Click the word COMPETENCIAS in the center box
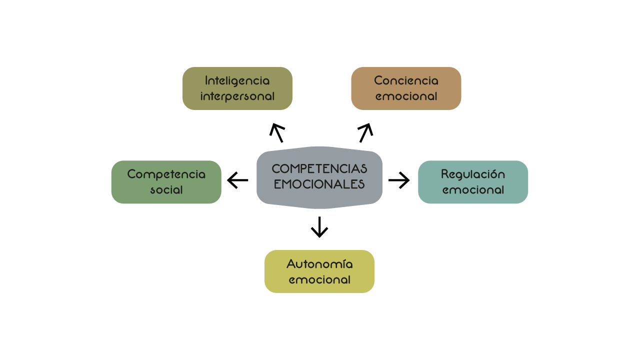click(319, 168)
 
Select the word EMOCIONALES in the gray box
click(319, 184)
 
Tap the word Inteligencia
click(237, 80)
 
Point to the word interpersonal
click(237, 96)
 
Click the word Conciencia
click(406, 80)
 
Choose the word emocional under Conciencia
click(406, 96)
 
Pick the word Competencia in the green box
click(166, 174)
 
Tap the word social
click(166, 190)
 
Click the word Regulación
click(473, 174)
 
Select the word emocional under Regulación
click(473, 190)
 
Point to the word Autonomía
click(319, 264)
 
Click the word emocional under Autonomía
click(319, 279)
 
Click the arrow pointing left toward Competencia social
click(237, 180)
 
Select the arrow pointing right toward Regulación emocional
click(399, 180)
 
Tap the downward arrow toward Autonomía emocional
click(319, 227)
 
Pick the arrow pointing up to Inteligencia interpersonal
click(277, 132)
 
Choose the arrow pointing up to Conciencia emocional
click(365, 132)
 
